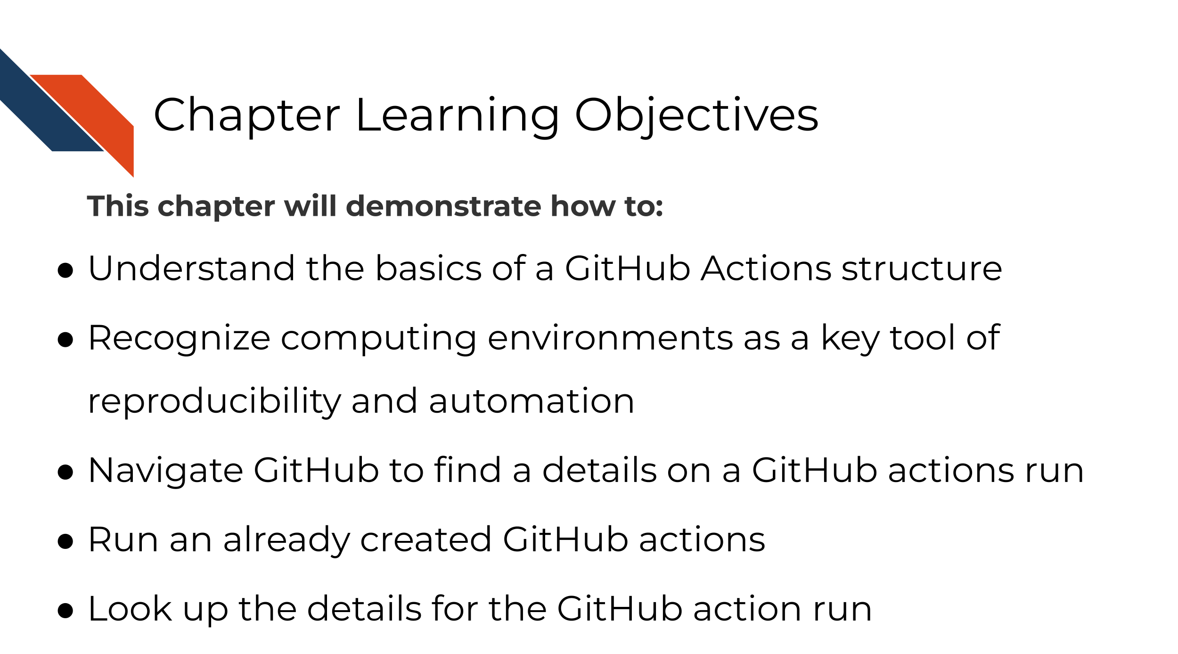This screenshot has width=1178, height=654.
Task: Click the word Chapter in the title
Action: tap(246, 115)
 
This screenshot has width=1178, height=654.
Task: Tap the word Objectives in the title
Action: tap(696, 116)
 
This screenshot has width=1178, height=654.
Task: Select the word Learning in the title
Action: tap(458, 116)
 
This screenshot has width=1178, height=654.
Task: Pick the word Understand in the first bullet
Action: tap(191, 269)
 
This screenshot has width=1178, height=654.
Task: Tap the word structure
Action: tap(921, 269)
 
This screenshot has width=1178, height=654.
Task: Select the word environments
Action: tap(610, 339)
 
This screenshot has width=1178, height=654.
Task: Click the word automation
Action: tap(532, 402)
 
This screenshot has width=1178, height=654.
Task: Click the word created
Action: tap(426, 540)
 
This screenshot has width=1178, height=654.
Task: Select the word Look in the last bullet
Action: tap(130, 609)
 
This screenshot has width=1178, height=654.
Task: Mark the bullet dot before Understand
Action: tap(65, 271)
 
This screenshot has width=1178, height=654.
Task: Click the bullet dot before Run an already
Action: tap(65, 542)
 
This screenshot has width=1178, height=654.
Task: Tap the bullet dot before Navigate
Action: tap(65, 473)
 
